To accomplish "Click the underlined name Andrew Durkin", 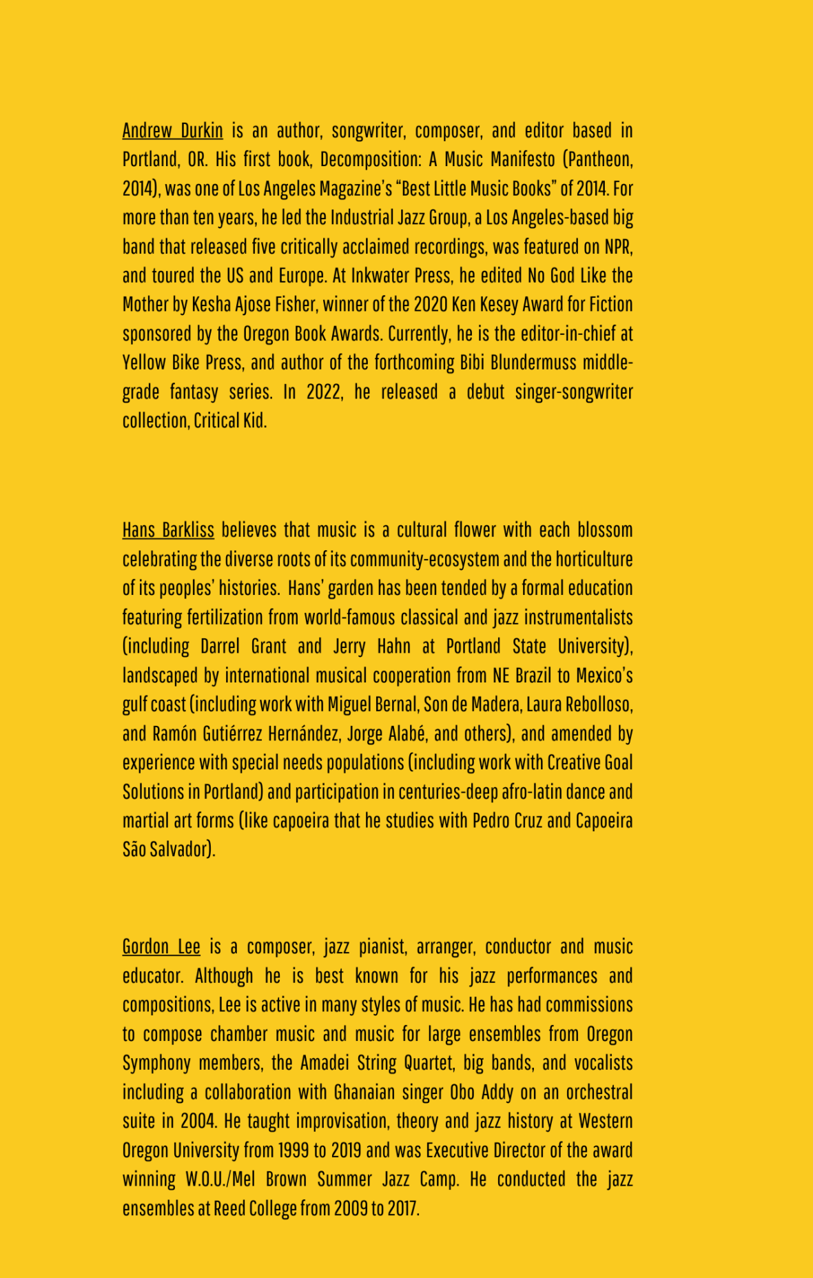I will click(172, 130).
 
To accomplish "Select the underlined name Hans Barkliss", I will click(168, 529).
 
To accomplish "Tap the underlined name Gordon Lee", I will click(161, 946).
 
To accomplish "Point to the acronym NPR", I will click(619, 246).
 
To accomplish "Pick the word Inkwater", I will click(380, 275).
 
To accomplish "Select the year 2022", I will click(325, 392).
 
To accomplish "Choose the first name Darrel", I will click(220, 646).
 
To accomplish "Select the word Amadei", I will click(325, 1063).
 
